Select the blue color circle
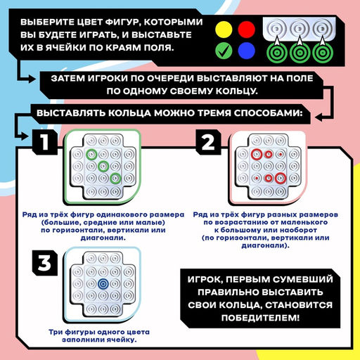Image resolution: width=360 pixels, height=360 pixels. tap(245, 51)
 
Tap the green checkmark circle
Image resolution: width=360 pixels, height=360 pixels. tap(224, 51)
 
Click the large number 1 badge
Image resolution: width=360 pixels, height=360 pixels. tap(44, 143)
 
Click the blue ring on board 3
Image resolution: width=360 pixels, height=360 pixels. tap(104, 283)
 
